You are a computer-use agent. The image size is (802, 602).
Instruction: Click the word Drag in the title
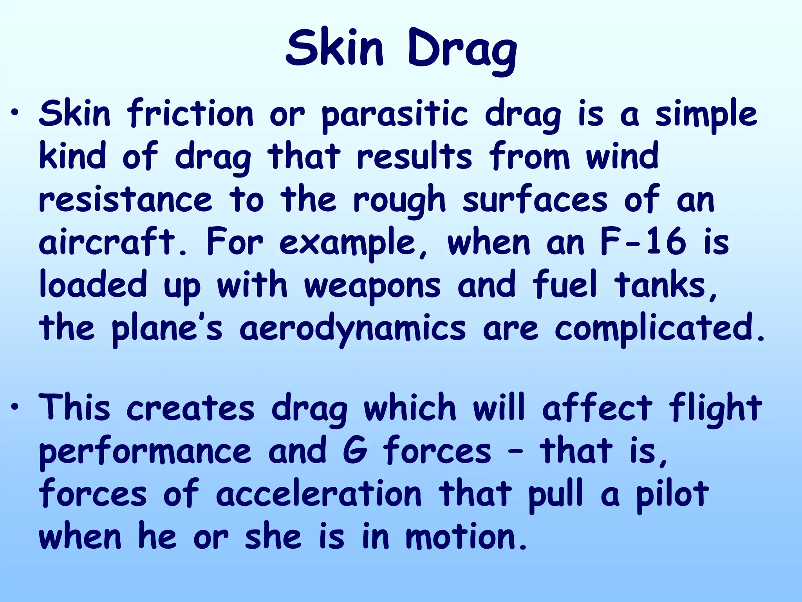click(462, 51)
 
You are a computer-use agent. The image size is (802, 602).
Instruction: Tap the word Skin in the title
click(335, 49)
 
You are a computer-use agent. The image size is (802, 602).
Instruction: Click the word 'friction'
click(190, 114)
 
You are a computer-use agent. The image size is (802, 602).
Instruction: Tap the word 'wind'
click(622, 157)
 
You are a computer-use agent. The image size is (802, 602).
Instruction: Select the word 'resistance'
click(125, 200)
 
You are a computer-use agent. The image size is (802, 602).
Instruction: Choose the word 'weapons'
click(372, 286)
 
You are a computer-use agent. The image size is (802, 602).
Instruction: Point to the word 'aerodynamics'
click(352, 329)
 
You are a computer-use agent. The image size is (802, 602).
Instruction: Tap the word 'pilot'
click(672, 494)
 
